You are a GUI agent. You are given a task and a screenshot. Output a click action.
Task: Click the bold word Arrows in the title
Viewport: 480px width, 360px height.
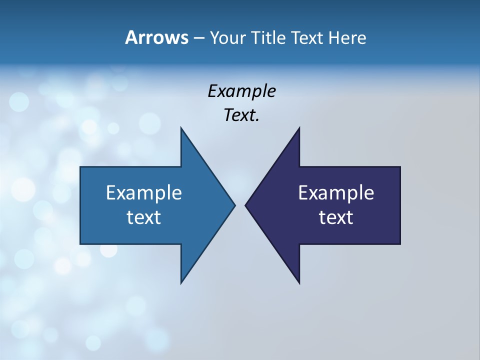pyautogui.click(x=156, y=37)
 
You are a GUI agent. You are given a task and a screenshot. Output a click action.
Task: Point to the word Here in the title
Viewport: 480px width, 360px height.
pyautogui.click(x=347, y=37)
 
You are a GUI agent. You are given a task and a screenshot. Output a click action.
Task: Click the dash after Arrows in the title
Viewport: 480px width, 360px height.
pyautogui.click(x=198, y=38)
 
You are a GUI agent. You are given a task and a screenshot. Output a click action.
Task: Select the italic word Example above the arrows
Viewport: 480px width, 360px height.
pyautogui.click(x=241, y=91)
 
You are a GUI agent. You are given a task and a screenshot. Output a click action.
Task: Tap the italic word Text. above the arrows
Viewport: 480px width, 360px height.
pyautogui.click(x=241, y=115)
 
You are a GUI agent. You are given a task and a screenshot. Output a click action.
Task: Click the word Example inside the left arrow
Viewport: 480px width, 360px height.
pyautogui.click(x=144, y=193)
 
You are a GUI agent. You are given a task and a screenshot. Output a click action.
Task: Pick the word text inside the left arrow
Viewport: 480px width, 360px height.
pyautogui.click(x=144, y=217)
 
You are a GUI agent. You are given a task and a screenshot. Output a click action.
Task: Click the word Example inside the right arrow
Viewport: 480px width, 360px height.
pyautogui.click(x=336, y=193)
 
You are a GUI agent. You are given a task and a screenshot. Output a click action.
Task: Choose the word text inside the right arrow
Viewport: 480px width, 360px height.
pyautogui.click(x=336, y=217)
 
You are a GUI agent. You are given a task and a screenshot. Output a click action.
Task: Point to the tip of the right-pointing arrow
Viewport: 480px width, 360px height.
pyautogui.click(x=234, y=205)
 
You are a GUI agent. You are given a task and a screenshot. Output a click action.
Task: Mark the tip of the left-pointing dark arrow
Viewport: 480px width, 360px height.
pyautogui.click(x=245, y=205)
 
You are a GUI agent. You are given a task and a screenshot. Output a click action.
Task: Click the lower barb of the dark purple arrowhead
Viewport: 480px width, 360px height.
pyautogui.click(x=299, y=283)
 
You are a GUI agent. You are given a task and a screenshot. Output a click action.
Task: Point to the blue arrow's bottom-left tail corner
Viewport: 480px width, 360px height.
pyautogui.click(x=80, y=243)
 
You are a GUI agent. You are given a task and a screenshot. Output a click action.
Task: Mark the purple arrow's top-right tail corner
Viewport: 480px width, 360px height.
pyautogui.click(x=400, y=167)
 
